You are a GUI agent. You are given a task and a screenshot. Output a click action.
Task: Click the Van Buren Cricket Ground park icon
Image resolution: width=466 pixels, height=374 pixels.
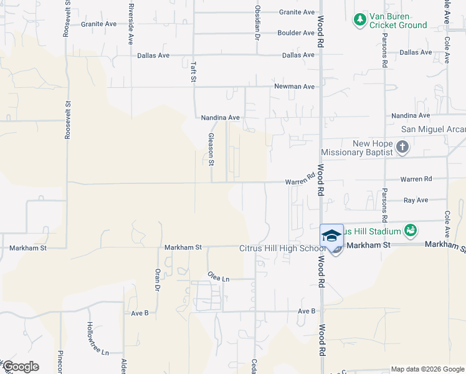click(359, 20)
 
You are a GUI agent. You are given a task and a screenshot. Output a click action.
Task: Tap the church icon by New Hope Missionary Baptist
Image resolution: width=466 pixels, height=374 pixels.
click(402, 148)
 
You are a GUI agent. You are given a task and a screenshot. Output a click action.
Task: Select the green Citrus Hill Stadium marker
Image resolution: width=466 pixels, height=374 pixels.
click(410, 231)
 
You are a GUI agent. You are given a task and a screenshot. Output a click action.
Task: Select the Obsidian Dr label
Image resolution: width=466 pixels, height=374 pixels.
click(257, 22)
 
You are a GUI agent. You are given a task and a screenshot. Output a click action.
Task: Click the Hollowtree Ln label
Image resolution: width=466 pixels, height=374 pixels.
click(90, 338)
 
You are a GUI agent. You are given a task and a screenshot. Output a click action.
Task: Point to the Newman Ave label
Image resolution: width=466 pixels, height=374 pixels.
click(294, 87)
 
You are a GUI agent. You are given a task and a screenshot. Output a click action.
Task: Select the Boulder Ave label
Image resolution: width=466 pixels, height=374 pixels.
click(296, 33)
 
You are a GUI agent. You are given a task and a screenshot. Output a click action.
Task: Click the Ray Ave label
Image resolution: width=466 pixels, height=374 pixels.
click(416, 200)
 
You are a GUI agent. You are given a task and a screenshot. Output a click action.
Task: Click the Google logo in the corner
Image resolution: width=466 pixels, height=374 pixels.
click(21, 367)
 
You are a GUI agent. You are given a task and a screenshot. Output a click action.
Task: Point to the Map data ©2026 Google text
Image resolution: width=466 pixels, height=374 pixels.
click(427, 369)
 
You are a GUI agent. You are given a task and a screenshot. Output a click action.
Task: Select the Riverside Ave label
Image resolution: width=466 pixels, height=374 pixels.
click(131, 24)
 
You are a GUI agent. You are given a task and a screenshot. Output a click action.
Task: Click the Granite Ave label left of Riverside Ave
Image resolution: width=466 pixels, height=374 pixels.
click(98, 24)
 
